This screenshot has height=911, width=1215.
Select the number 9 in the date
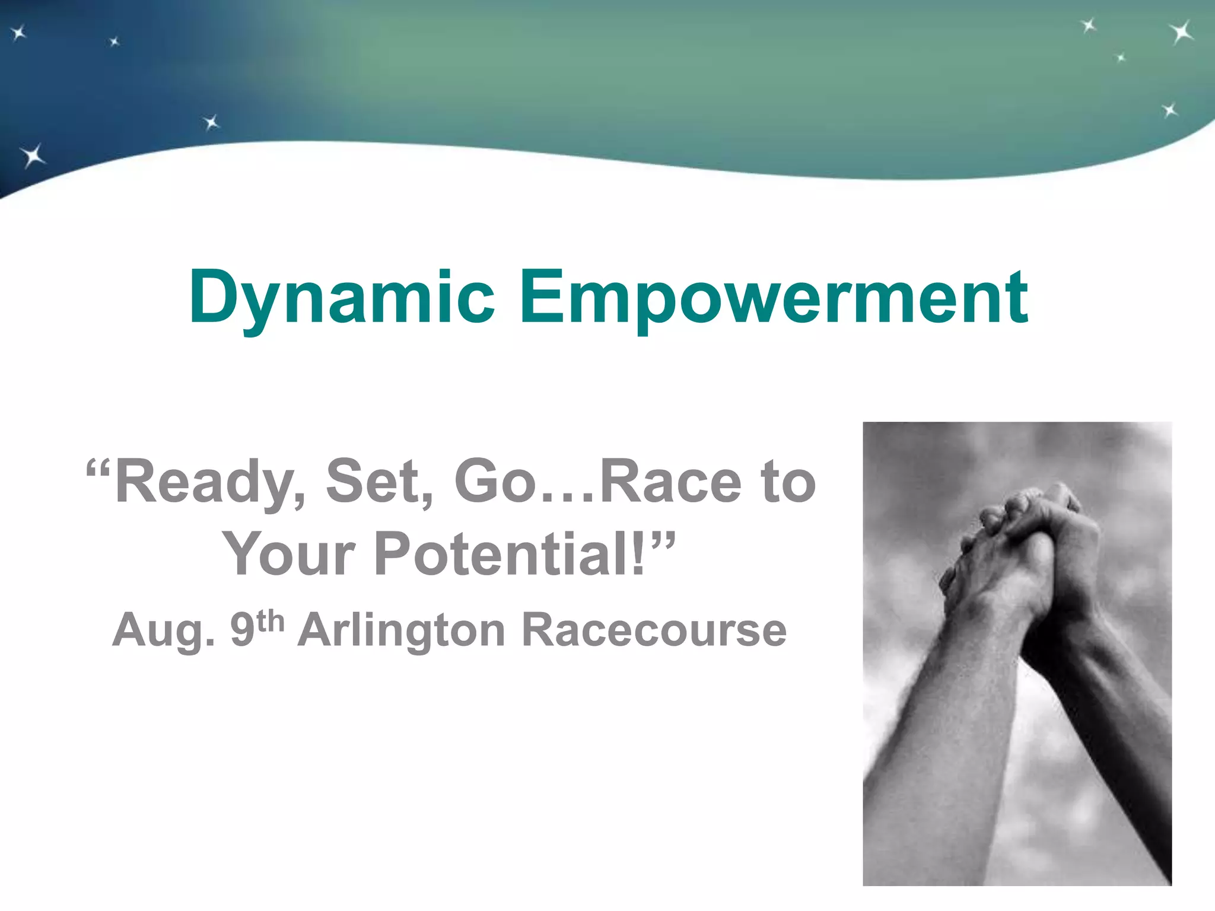pyautogui.click(x=242, y=630)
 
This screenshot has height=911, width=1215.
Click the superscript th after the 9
pyautogui.click(x=270, y=621)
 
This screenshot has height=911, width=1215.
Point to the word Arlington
pyautogui.click(x=401, y=630)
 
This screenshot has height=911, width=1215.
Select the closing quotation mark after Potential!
pyautogui.click(x=663, y=539)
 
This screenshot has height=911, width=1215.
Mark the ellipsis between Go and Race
pyautogui.click(x=570, y=498)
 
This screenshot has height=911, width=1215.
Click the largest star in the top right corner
pyautogui.click(x=1181, y=32)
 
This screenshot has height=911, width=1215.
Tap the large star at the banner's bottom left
pyautogui.click(x=33, y=155)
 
